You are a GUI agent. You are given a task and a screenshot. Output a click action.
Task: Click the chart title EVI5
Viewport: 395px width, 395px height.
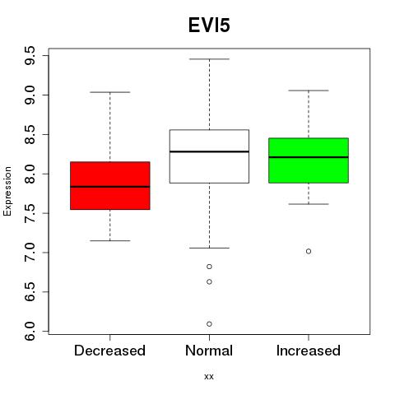(x=209, y=26)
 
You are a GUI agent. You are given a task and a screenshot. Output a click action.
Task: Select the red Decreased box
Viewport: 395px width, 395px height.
(x=110, y=186)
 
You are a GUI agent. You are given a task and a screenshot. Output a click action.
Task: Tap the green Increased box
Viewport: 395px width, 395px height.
(x=309, y=160)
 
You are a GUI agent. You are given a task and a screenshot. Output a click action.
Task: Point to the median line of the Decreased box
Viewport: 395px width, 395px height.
(x=110, y=187)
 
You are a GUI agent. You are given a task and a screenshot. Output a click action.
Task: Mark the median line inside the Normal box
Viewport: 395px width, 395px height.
(x=209, y=151)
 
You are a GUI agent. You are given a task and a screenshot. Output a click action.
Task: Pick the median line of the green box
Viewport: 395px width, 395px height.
(x=309, y=157)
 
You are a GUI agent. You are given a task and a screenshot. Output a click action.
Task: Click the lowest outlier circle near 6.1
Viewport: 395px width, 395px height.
(x=209, y=324)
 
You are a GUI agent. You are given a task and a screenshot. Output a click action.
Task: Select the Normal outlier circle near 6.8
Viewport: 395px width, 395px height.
(x=209, y=267)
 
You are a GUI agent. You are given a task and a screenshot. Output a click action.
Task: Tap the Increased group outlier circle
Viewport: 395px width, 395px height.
(x=309, y=251)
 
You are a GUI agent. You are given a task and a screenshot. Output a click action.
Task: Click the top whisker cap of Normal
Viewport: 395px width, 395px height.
(x=209, y=59)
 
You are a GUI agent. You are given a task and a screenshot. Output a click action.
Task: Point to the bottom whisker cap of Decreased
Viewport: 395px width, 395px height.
(x=110, y=240)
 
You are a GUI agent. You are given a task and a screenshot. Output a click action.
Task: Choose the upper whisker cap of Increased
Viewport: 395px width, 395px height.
(x=309, y=91)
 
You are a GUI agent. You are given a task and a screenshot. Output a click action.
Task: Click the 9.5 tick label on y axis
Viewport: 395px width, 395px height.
(x=30, y=55)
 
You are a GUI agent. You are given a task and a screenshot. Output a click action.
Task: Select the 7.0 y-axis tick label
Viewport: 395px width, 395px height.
(x=30, y=253)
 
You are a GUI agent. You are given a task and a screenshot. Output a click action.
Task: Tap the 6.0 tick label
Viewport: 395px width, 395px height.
(x=30, y=331)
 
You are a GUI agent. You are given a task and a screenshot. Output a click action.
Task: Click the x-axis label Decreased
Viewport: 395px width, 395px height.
(x=109, y=351)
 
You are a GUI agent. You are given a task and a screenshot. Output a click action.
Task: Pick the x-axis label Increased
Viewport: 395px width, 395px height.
(x=309, y=351)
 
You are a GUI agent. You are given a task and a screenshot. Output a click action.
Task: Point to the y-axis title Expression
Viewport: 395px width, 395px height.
(x=7, y=191)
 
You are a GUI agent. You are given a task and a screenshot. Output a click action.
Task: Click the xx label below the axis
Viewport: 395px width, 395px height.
(x=209, y=377)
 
